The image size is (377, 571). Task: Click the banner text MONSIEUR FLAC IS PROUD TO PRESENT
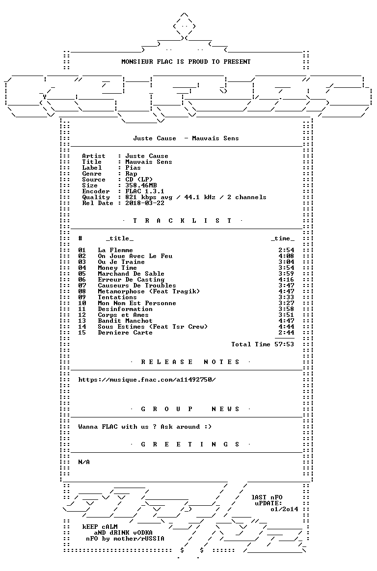click(186, 62)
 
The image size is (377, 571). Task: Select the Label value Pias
click(133, 168)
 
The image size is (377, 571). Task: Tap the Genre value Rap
click(131, 174)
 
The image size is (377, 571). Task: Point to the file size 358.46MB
click(141, 185)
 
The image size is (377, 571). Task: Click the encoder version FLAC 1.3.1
click(145, 191)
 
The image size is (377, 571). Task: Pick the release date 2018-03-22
click(145, 203)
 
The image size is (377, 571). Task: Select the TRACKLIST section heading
click(182, 221)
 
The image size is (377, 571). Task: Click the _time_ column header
click(283, 238)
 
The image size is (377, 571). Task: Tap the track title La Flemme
click(115, 250)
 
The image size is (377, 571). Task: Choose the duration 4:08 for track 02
click(286, 256)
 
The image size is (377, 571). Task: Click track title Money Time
click(117, 268)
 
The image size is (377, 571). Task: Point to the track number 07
click(82, 285)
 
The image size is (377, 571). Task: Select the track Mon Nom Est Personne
click(137, 303)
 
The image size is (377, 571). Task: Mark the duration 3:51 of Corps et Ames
click(286, 315)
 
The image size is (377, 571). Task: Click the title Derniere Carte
click(125, 333)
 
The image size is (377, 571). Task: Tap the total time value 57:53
click(284, 344)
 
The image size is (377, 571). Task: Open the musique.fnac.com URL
click(147, 380)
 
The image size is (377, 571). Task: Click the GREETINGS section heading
click(190, 444)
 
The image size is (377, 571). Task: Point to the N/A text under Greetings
click(84, 462)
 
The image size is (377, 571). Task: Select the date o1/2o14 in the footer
click(284, 509)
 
